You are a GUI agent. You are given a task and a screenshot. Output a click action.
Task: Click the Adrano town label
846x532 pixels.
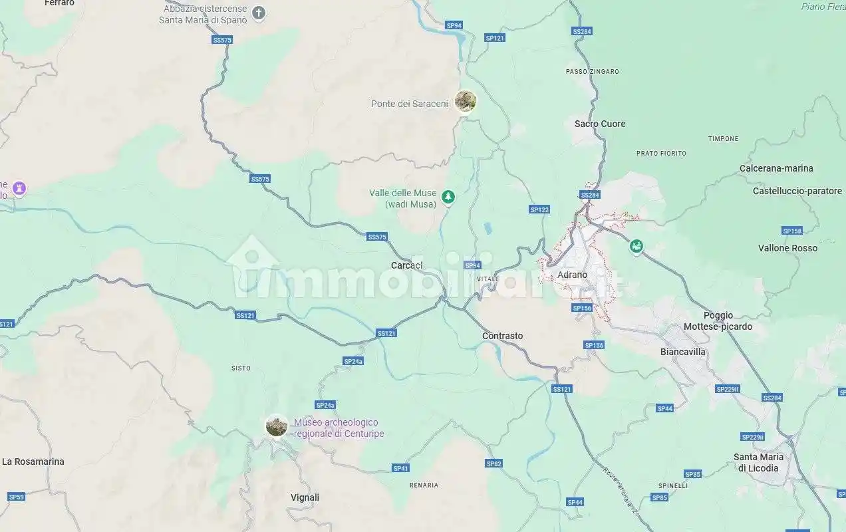[572, 275]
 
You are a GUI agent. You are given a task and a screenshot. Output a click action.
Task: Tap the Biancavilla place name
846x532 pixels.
[682, 352]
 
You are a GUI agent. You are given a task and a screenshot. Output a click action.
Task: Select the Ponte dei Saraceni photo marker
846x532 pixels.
[466, 102]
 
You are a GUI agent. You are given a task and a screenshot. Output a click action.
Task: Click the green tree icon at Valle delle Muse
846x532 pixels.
[449, 196]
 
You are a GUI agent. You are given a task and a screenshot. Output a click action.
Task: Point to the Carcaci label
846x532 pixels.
[406, 265]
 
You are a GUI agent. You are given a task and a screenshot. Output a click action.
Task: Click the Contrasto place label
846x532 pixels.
[502, 336]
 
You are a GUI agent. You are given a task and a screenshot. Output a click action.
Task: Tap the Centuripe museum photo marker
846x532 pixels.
[276, 426]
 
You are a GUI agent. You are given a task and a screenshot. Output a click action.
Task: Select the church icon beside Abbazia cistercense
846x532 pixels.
[259, 13]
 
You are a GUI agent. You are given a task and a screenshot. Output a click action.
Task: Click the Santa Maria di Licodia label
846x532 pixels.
[758, 462]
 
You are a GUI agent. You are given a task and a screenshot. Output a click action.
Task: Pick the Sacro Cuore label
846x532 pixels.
[600, 124]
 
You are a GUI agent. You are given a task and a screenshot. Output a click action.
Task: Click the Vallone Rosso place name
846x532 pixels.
[787, 248]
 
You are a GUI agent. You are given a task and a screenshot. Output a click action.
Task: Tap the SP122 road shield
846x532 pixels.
[539, 209]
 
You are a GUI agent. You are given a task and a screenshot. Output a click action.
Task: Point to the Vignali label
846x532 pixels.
[305, 497]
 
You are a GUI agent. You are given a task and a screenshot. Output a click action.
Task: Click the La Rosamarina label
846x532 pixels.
[33, 462]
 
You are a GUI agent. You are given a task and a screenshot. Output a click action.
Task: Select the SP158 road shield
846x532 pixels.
[792, 231]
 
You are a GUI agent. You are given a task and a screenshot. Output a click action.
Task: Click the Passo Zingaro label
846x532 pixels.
[592, 71]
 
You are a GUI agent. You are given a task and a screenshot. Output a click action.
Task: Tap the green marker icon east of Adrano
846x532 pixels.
[636, 247]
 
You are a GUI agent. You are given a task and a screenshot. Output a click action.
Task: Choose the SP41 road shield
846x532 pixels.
[400, 468]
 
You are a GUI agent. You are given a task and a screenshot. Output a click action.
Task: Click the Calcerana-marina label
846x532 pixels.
[776, 168]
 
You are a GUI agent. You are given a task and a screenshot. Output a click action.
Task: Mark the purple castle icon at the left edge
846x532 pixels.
[20, 188]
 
